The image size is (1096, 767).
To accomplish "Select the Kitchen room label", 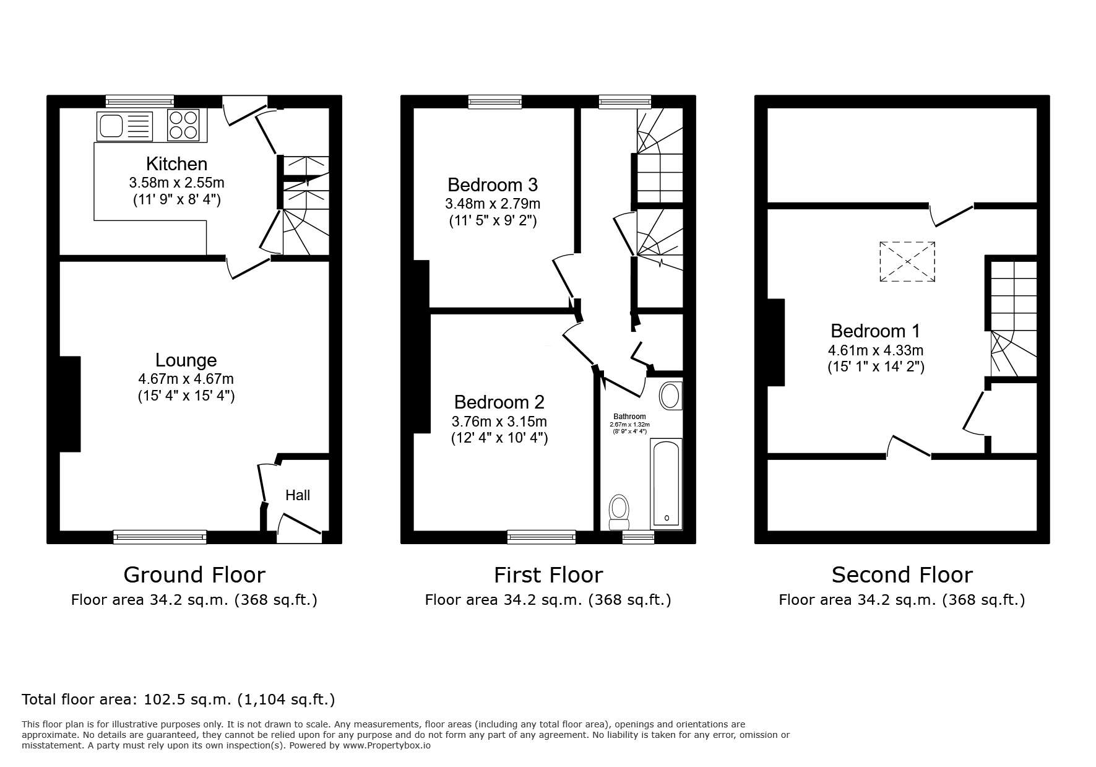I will point(176,164).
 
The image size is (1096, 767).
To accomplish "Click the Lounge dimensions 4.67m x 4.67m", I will point(186,378).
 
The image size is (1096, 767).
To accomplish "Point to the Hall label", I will point(298,495).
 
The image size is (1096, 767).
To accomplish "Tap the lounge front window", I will point(160,537).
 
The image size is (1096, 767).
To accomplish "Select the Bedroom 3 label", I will point(493,184).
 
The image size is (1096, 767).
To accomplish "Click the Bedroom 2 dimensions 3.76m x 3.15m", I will point(499,422).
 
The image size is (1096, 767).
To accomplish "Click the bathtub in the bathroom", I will point(666,483).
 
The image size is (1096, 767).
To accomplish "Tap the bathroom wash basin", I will point(670,396).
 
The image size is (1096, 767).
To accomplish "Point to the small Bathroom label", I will point(629,417).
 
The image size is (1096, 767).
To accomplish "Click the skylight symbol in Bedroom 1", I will point(907,262).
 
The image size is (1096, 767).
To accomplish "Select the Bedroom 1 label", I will point(875,331).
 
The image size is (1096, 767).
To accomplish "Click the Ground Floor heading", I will point(194,575).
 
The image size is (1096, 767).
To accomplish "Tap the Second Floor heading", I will point(902,575).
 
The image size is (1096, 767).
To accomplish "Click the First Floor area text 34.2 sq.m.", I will point(548,600).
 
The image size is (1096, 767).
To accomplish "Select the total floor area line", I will point(178,700).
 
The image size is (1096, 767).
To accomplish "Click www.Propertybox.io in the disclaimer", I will point(386,745).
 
